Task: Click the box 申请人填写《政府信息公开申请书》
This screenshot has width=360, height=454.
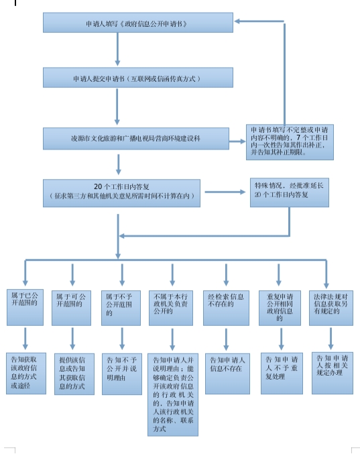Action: [x=138, y=23]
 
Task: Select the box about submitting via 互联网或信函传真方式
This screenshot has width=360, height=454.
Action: [x=138, y=78]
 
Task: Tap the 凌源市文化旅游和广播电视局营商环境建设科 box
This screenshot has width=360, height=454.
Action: [x=136, y=139]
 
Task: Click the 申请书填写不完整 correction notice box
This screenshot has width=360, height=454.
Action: [x=290, y=142]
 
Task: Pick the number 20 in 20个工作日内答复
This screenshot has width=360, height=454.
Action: [x=98, y=186]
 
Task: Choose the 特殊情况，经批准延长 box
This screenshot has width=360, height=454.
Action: [x=290, y=192]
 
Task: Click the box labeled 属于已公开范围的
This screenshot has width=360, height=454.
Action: [x=25, y=307]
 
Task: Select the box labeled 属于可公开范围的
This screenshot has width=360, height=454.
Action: [x=72, y=308]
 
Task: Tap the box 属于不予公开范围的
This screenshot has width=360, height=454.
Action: [x=121, y=308]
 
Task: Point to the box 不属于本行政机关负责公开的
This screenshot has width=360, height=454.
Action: [x=171, y=308]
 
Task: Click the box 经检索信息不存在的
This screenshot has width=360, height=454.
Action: [x=226, y=308]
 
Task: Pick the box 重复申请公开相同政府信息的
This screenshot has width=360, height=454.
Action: [x=280, y=308]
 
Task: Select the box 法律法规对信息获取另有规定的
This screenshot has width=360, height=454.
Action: [x=331, y=308]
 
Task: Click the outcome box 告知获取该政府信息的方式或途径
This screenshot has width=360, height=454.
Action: [x=26, y=374]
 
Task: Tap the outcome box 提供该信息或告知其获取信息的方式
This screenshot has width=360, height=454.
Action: [x=74, y=374]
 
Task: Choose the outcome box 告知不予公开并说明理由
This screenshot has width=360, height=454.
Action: [x=122, y=374]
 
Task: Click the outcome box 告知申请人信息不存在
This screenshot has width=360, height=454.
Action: [x=227, y=374]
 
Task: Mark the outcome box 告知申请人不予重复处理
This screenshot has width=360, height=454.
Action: [x=282, y=374]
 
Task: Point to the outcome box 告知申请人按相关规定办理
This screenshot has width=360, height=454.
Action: [x=333, y=374]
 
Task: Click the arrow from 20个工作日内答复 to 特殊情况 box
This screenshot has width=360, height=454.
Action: [x=225, y=192]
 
